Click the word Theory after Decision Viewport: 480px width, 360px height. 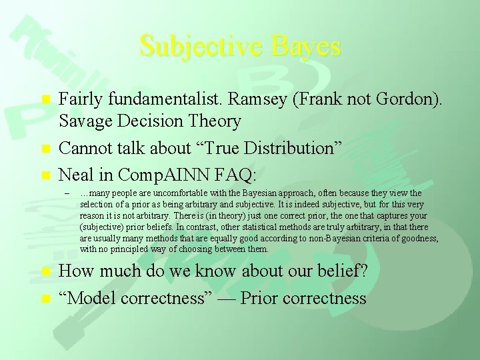point(209,121)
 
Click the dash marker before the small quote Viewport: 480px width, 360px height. point(67,194)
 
